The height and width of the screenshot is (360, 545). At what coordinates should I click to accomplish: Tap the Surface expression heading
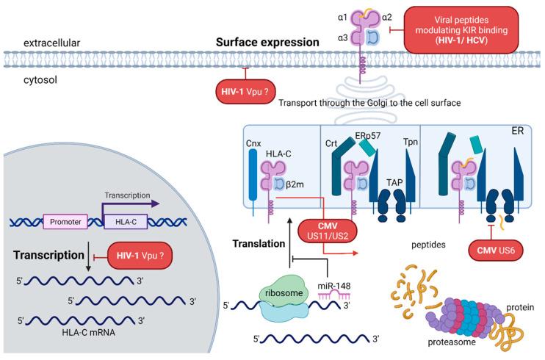[x=267, y=43]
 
